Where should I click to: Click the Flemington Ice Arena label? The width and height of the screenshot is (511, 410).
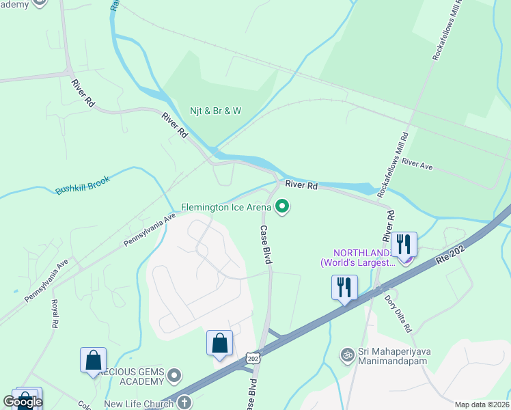(x=226, y=206)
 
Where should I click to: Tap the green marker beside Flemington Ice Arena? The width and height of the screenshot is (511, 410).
(x=282, y=206)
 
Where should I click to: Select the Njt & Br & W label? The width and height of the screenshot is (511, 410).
(x=216, y=111)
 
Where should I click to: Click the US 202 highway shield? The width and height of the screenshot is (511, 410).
(x=253, y=357)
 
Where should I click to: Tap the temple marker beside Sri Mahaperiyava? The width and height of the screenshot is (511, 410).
(x=347, y=355)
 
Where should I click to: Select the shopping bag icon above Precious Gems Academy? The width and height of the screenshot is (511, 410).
(x=93, y=359)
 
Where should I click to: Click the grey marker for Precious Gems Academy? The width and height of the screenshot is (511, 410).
(x=174, y=374)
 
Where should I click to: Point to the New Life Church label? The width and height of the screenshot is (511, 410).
(x=139, y=404)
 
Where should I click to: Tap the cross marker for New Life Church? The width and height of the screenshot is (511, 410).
(x=184, y=402)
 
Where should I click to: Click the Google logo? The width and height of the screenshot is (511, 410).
(x=23, y=402)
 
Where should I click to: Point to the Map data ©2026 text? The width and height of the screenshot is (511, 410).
(x=482, y=405)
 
